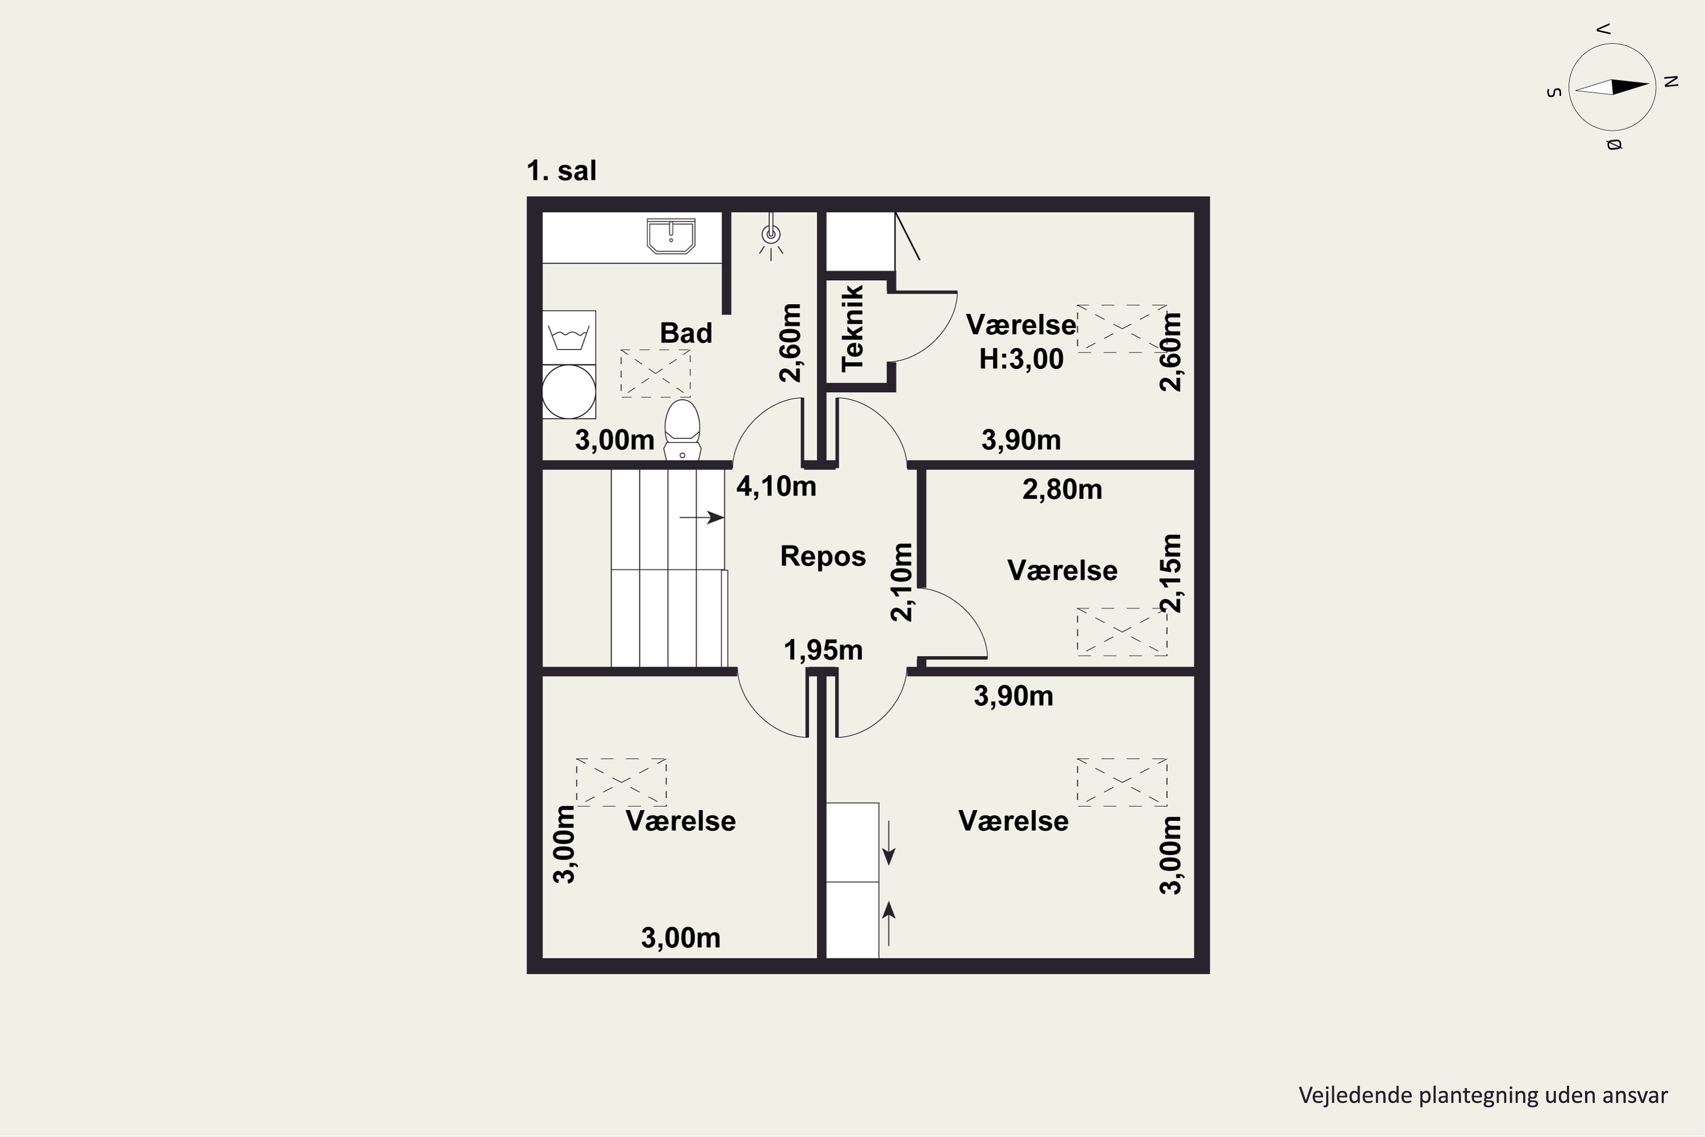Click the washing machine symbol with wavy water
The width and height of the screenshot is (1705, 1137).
tap(569, 338)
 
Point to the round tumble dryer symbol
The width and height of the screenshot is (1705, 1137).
tap(569, 392)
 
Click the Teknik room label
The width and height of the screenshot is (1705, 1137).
tap(852, 329)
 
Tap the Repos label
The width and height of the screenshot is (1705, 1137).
tap(823, 556)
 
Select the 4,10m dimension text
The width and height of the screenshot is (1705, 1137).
tap(776, 487)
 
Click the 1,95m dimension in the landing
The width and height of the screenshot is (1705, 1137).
tap(823, 650)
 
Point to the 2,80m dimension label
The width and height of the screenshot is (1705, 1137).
tap(1062, 490)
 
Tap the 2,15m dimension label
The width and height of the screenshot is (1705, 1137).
tap(1171, 573)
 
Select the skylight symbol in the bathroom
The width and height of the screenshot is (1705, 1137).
tap(655, 374)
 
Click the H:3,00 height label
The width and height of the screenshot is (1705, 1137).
tap(1021, 359)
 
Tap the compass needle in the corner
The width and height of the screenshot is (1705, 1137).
tap(1612, 87)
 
